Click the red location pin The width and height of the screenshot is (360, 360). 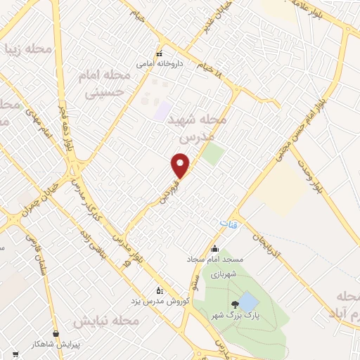click(181, 166)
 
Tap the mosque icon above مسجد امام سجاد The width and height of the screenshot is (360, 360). click(214, 248)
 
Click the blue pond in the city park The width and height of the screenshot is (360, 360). click(248, 303)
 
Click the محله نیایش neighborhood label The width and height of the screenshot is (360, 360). click(108, 321)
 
